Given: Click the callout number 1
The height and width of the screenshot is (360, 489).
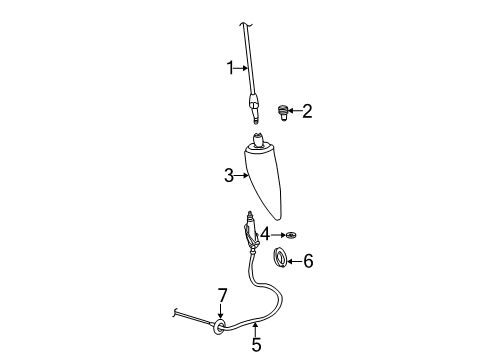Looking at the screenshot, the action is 229,69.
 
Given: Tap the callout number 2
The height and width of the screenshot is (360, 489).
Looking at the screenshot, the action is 307,112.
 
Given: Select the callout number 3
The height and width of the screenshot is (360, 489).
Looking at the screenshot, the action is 229,176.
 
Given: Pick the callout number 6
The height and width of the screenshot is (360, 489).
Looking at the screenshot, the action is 308,262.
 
